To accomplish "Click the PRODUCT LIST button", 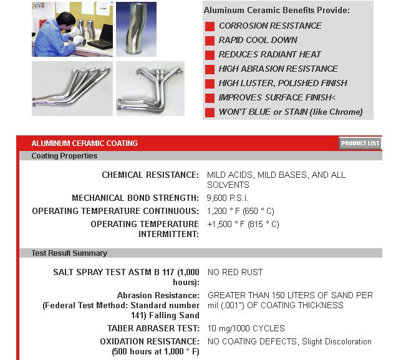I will (x=360, y=144).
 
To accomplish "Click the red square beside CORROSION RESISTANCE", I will (x=210, y=26).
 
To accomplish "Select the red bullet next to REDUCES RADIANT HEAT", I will (x=210, y=55).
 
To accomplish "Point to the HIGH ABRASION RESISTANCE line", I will (x=278, y=69).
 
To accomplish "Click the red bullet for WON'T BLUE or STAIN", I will (x=210, y=112).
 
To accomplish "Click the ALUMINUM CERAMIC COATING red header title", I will (x=84, y=144).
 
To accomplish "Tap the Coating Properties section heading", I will (x=64, y=156).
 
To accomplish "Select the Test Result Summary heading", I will (x=69, y=253).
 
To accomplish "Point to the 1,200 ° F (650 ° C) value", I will (x=240, y=211).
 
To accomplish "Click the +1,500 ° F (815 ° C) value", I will (x=243, y=224).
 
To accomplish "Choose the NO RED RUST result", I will (x=235, y=272).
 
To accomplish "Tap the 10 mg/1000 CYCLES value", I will (x=246, y=328).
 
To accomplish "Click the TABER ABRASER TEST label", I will (x=153, y=328).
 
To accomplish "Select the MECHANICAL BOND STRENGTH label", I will (x=135, y=198).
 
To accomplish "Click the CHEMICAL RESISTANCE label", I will (x=150, y=175).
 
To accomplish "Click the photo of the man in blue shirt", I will (x=72, y=29).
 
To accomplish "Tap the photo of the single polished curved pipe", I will (x=136, y=29).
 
